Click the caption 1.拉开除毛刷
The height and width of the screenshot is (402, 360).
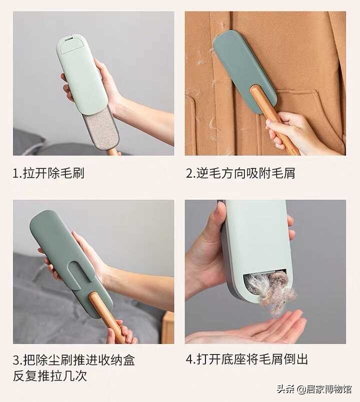[x=48, y=173]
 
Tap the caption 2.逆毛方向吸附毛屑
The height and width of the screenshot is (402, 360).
[x=240, y=173]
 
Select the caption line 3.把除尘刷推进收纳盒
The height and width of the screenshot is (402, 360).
[x=74, y=360]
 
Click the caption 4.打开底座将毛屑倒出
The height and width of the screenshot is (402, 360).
[x=247, y=360]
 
